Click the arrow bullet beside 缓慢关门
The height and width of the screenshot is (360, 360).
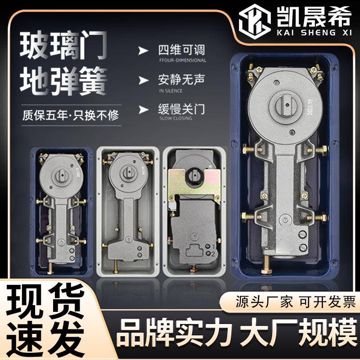(143, 109)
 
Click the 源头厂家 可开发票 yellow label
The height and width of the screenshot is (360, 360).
(296, 301)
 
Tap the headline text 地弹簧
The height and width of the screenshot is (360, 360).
(63, 83)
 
